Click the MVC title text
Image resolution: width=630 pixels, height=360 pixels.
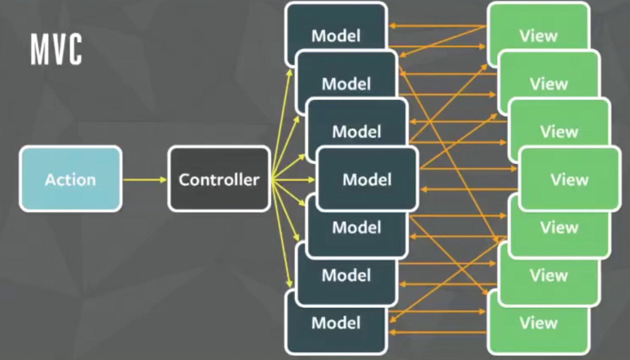click(x=56, y=49)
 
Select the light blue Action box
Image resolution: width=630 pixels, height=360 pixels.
click(x=70, y=179)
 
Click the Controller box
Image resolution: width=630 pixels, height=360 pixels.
click(x=219, y=179)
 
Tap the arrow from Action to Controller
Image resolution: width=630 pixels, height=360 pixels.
click(x=145, y=179)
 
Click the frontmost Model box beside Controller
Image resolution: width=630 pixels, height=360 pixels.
click(x=367, y=179)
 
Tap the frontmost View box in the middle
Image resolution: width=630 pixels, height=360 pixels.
click(x=569, y=179)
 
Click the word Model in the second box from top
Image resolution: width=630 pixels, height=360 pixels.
click(x=346, y=84)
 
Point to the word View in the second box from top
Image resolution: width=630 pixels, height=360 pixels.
click(x=549, y=84)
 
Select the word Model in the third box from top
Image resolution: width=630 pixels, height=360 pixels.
click(x=356, y=132)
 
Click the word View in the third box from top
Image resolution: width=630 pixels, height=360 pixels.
click(x=559, y=132)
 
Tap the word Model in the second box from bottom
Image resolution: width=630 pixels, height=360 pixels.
click(x=346, y=275)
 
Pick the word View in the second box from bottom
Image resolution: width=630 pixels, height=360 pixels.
click(x=549, y=275)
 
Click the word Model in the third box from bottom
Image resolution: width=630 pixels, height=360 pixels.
click(x=356, y=227)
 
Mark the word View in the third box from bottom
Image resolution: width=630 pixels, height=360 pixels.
click(x=559, y=227)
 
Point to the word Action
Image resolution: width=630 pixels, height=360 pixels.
click(x=70, y=179)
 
